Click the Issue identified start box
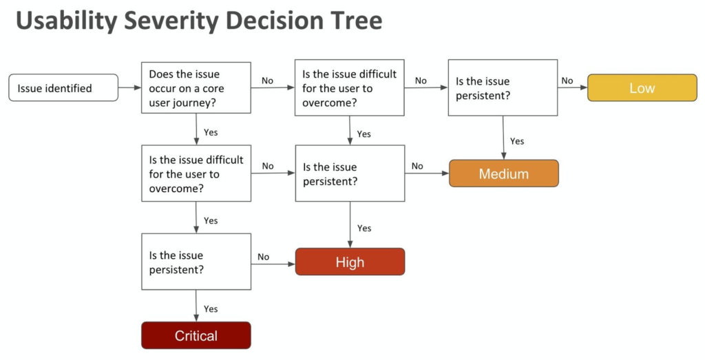[63, 87]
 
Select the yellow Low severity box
[642, 87]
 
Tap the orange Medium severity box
[503, 173]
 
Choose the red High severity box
[350, 262]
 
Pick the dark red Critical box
[196, 336]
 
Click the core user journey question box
[196, 88]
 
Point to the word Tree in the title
[352, 21]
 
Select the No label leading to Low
[567, 81]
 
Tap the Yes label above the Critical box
[211, 309]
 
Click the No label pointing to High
[263, 257]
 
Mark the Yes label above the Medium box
[517, 141]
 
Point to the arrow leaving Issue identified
[129, 88]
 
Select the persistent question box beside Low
[503, 88]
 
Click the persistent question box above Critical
[196, 262]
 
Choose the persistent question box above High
[350, 173]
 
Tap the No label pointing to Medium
[417, 166]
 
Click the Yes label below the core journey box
[211, 132]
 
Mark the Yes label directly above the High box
[364, 228]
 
